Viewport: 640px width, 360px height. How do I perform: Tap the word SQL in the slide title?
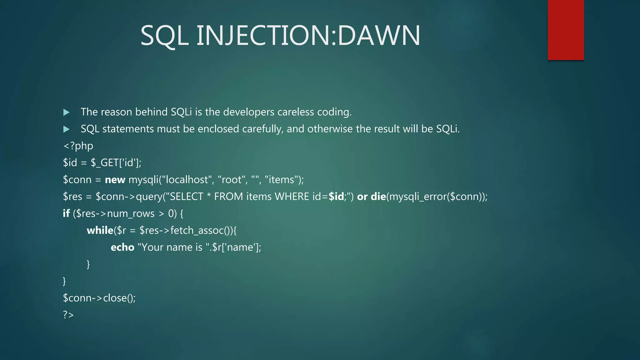pyautogui.click(x=164, y=36)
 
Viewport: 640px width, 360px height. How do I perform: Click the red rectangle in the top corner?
pyautogui.click(x=566, y=30)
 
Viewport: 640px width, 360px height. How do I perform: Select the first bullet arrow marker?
pyautogui.click(x=66, y=112)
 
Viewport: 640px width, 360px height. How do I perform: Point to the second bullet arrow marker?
pyautogui.click(x=66, y=129)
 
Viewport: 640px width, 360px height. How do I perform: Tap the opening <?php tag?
pyautogui.click(x=78, y=146)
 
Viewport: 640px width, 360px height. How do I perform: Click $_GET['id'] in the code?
pyautogui.click(x=116, y=163)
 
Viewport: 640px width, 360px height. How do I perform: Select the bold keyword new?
pyautogui.click(x=115, y=180)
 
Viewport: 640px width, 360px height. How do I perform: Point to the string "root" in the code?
pyautogui.click(x=231, y=180)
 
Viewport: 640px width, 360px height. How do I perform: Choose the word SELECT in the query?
pyautogui.click(x=186, y=197)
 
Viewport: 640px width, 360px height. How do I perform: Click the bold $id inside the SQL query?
pyautogui.click(x=336, y=197)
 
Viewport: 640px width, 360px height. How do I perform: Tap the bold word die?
pyautogui.click(x=378, y=197)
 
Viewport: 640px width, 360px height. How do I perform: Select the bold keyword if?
pyautogui.click(x=66, y=213)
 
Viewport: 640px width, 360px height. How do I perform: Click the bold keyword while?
pyautogui.click(x=100, y=230)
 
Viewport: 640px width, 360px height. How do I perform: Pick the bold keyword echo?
pyautogui.click(x=122, y=247)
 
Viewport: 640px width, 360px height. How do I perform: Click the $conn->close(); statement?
pyautogui.click(x=99, y=298)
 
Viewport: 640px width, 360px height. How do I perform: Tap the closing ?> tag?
pyautogui.click(x=68, y=315)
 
